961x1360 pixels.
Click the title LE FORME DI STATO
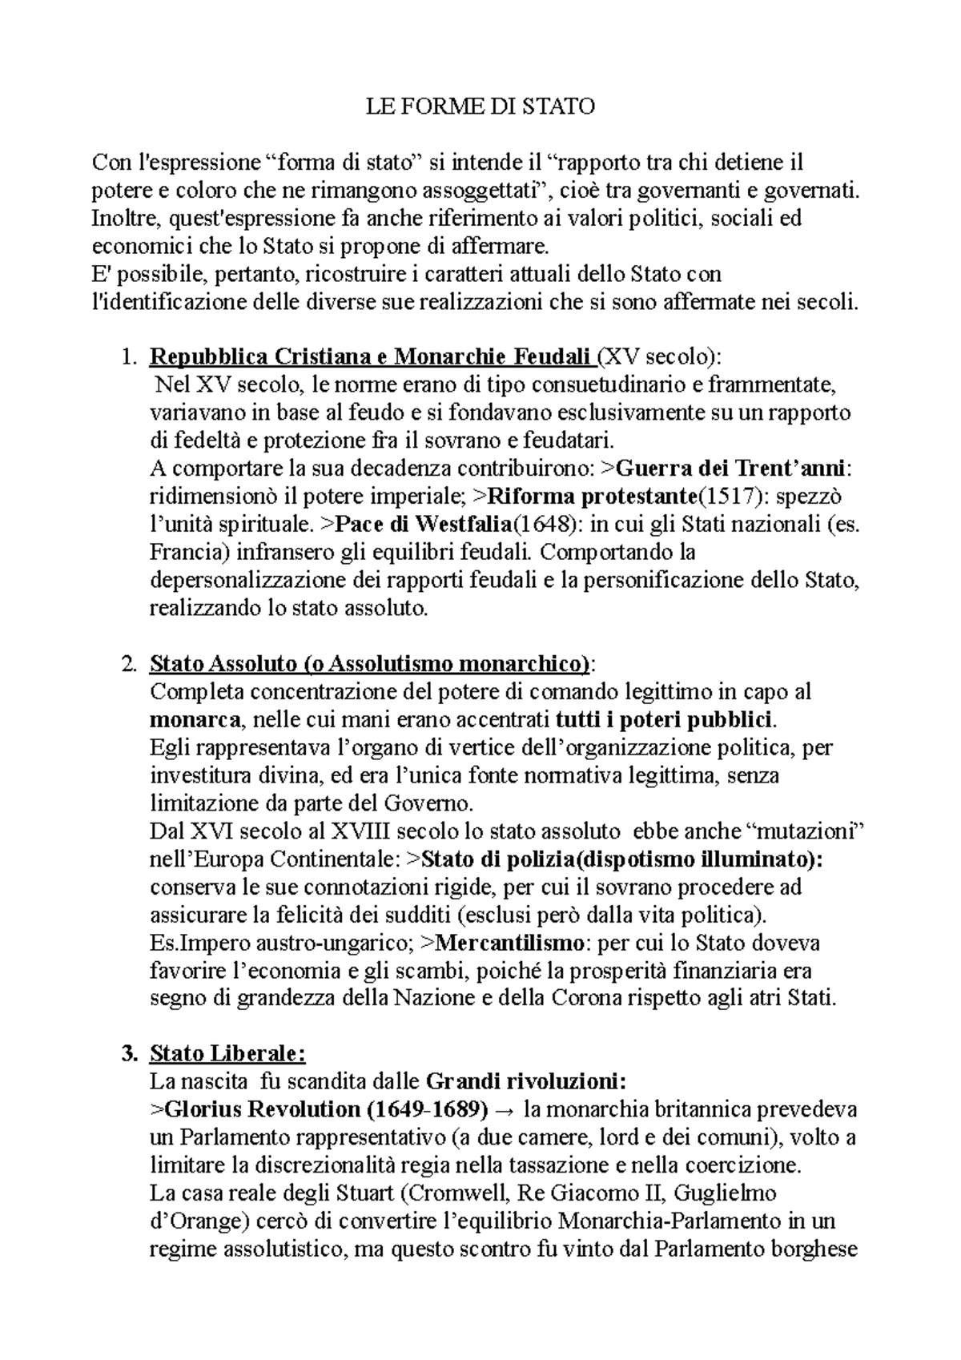pyautogui.click(x=480, y=107)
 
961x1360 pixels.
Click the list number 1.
pyautogui.click(x=128, y=356)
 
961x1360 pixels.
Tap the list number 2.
pyautogui.click(x=128, y=664)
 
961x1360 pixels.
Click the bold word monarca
pyautogui.click(x=195, y=719)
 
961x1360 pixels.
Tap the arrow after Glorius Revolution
pyautogui.click(x=506, y=1110)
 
